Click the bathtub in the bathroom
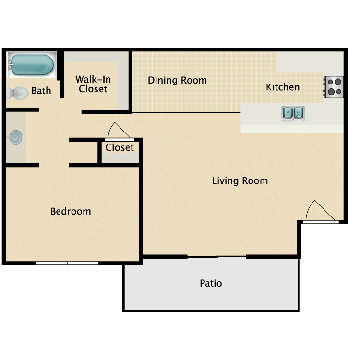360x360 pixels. coord(32,65)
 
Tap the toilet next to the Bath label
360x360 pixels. coord(17,93)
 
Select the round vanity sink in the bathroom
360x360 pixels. coord(15,137)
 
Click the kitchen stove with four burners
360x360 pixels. coord(334,87)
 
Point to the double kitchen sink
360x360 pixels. coord(293,113)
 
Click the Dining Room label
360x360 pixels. coord(177,80)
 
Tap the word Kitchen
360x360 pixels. coord(283,87)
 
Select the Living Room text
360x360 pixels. coord(240,180)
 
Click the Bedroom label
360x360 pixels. coord(71,211)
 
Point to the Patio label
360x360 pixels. coord(211,283)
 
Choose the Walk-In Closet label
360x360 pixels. coord(93,84)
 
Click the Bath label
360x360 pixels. coord(41,90)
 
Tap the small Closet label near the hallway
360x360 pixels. coord(120,147)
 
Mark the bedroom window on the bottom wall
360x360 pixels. coord(67,264)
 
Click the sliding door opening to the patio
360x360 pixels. coord(217,257)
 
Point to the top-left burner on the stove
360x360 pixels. coord(330,82)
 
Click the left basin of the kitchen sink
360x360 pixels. coord(288,113)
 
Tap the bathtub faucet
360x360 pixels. coord(11,64)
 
